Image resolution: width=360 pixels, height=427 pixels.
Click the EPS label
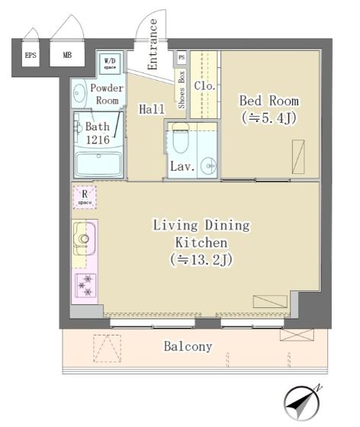(31, 55)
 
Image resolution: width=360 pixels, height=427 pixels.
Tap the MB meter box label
(67, 55)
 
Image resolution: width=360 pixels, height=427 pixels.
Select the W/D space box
(110, 63)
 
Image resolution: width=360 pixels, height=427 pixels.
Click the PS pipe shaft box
(182, 57)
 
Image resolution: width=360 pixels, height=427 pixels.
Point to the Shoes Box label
(182, 90)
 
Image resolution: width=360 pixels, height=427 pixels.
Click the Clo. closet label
(204, 86)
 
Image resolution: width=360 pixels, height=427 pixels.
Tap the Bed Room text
(269, 101)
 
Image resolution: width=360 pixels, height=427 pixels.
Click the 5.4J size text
(269, 118)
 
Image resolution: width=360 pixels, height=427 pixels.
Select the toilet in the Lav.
(181, 138)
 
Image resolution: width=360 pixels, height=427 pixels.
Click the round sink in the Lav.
(208, 165)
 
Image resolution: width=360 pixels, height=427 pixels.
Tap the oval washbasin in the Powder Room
(79, 93)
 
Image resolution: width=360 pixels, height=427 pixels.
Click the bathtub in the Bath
(98, 164)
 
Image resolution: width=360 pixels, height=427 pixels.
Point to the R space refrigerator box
(85, 197)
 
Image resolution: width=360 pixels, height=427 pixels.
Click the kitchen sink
(84, 239)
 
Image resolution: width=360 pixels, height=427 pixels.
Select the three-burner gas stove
(85, 285)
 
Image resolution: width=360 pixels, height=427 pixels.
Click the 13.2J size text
(201, 259)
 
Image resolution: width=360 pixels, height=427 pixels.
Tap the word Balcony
(188, 346)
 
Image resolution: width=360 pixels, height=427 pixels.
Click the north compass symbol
(302, 403)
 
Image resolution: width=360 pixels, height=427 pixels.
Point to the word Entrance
(153, 44)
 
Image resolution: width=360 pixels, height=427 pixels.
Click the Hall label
(152, 109)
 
